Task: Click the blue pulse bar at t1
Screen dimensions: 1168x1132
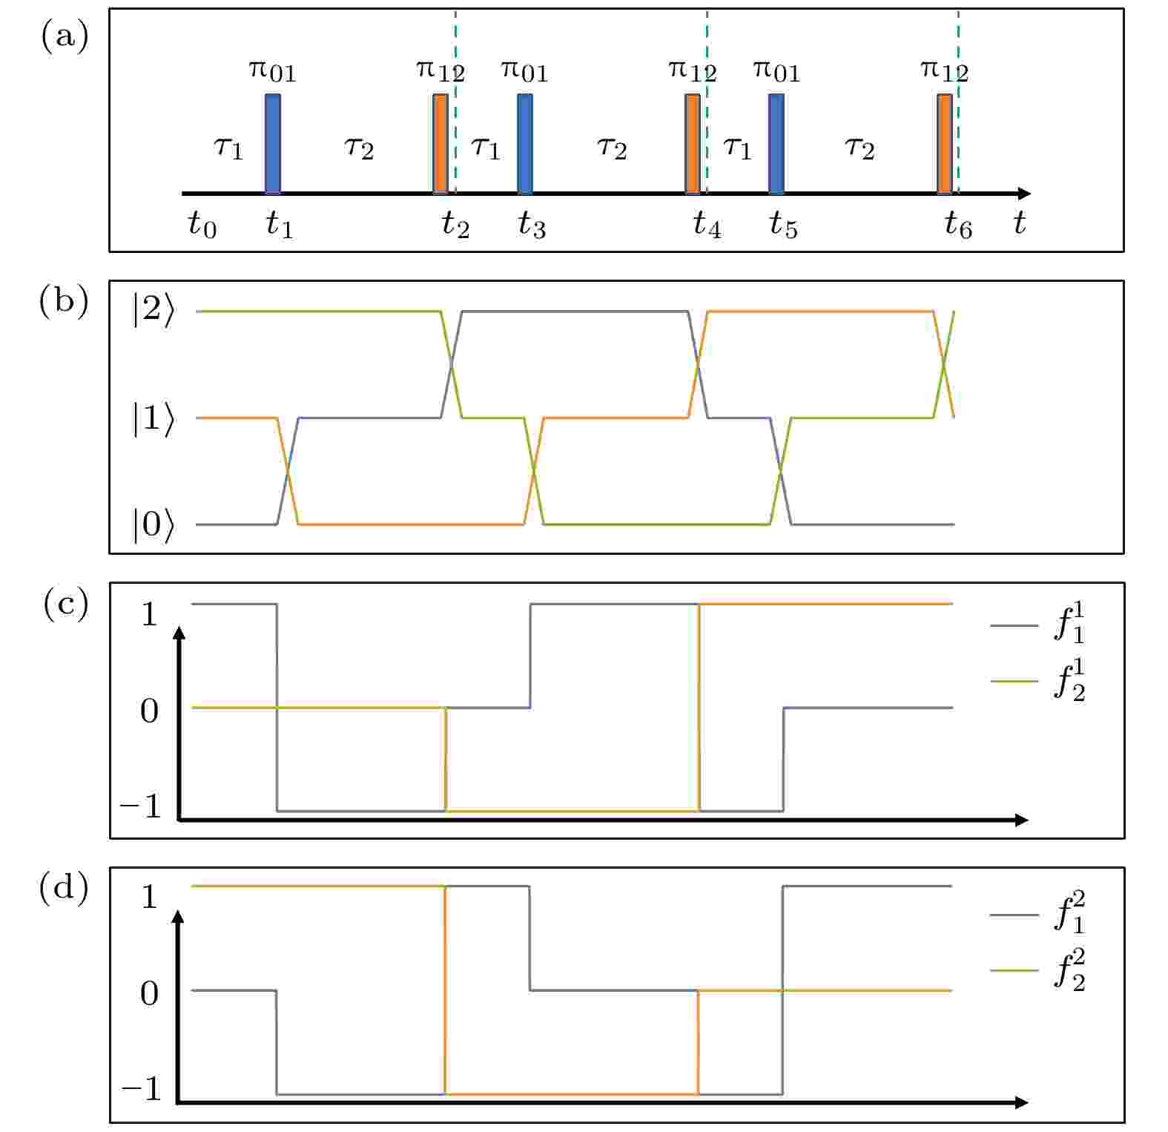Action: [273, 143]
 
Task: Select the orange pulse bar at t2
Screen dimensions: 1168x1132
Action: [441, 143]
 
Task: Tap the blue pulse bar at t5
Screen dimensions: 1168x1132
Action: [776, 143]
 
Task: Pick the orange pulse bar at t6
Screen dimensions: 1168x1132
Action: [944, 143]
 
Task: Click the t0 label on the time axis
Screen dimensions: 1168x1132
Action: [202, 224]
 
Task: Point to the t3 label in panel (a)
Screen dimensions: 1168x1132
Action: [532, 224]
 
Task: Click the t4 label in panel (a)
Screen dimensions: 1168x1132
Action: [707, 224]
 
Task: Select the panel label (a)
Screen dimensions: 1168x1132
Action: [65, 36]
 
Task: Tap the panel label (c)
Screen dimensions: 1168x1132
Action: [65, 604]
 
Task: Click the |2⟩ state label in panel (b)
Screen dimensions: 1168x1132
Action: [154, 311]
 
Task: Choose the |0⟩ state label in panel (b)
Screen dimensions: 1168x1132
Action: [154, 524]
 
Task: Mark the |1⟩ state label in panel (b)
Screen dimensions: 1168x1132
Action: [154, 418]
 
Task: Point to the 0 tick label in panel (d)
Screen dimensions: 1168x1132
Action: [150, 993]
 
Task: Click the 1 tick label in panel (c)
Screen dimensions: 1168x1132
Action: [150, 614]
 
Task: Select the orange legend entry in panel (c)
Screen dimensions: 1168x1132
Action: [1038, 681]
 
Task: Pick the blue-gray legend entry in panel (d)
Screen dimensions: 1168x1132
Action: [1038, 913]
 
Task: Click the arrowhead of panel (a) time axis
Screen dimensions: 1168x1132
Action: [1024, 194]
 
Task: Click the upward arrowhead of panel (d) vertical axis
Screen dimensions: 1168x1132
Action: [178, 918]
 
